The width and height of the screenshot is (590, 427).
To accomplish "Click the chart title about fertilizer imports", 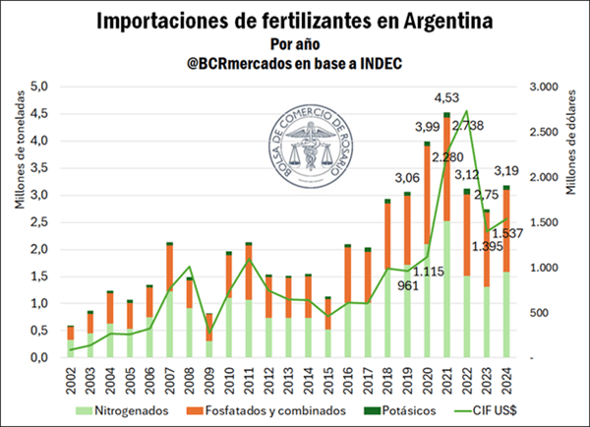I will [294, 20].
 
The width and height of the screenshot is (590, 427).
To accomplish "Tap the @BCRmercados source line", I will [294, 63].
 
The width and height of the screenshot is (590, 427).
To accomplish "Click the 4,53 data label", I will [447, 96].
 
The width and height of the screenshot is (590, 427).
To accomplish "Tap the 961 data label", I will [397, 285].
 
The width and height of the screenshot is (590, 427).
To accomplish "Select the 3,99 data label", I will [427, 127].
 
